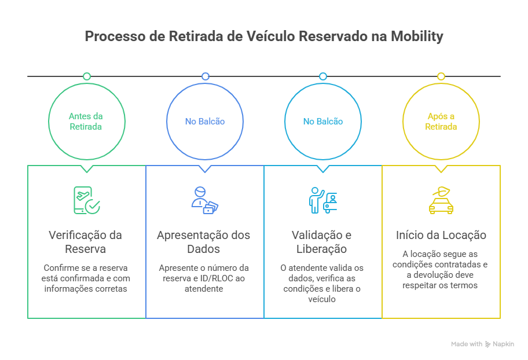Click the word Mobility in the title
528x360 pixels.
[416, 36]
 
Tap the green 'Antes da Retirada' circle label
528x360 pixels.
[86, 122]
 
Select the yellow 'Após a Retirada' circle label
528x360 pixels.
[441, 122]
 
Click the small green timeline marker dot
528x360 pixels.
[87, 76]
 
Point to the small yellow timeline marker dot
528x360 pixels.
[441, 76]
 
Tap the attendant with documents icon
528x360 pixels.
[204, 200]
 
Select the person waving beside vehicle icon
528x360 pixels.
[322, 200]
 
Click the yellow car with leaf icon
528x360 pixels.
[441, 200]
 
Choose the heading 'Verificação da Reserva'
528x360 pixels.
[86, 242]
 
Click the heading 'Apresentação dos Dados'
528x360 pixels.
[204, 242]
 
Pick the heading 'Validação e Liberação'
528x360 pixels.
[322, 242]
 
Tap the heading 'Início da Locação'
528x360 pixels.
[441, 236]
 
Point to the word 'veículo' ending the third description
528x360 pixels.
[322, 299]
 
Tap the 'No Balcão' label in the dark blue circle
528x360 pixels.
[204, 122]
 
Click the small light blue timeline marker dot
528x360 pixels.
[323, 76]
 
